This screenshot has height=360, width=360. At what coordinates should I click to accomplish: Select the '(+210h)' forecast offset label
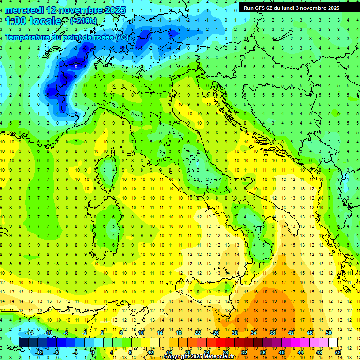pos(83,21)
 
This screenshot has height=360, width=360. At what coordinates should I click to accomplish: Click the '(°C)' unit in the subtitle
pos(122,37)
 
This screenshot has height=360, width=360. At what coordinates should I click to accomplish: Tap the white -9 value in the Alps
pos(75,67)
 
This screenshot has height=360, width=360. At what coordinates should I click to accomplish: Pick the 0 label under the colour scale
pos(93,352)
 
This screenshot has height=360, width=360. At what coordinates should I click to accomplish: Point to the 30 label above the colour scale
pos(235,333)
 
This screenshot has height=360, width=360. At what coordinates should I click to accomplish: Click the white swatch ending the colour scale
pos(333,342)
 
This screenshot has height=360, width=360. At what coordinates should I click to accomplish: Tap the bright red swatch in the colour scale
pos(221,342)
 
